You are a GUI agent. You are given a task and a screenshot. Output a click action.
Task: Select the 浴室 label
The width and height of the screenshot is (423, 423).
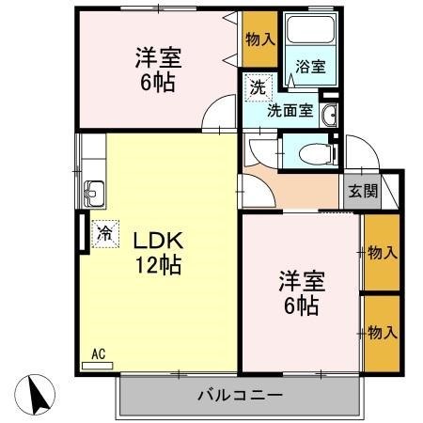(x=310, y=67)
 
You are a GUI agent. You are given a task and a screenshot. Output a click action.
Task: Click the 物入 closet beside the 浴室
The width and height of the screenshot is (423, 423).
(x=258, y=39)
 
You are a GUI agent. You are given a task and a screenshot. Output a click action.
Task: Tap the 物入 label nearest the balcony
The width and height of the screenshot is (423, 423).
(x=382, y=332)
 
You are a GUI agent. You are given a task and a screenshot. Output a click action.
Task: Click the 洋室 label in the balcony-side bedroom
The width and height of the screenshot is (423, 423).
(x=301, y=281)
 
